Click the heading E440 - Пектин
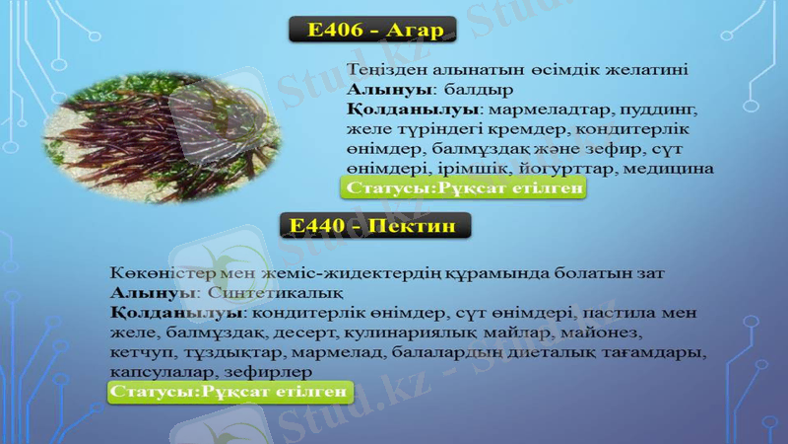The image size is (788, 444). click(x=375, y=226)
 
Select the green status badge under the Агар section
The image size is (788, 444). click(x=463, y=187)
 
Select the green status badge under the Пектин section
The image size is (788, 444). click(x=229, y=392)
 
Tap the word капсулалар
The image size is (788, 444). click(x=159, y=371)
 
